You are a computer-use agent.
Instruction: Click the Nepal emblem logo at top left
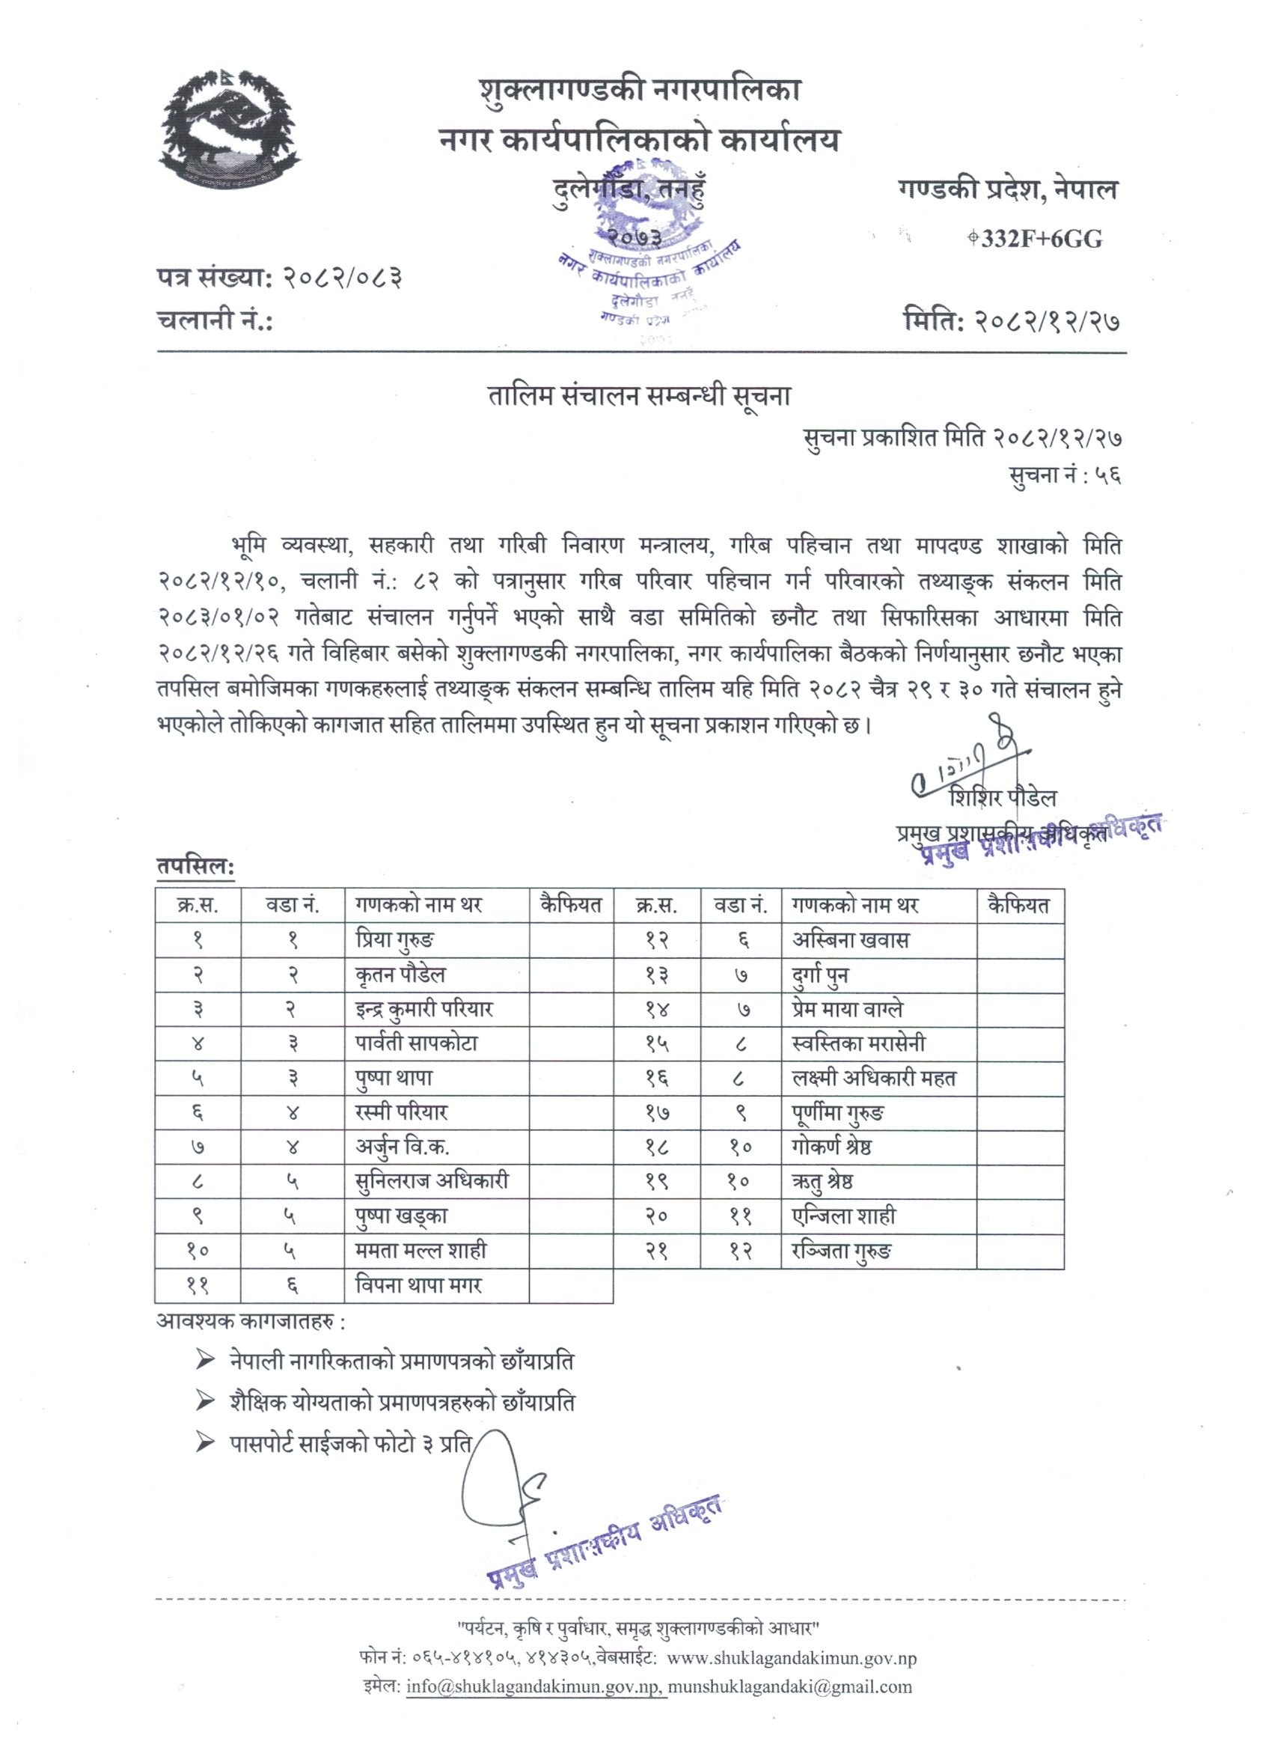click(x=229, y=127)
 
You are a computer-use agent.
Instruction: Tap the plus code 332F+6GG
click(x=1040, y=240)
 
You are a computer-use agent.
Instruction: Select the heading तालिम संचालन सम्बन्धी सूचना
click(x=640, y=397)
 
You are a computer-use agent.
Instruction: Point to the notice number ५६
click(x=1107, y=475)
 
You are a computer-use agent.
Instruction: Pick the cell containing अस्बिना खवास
click(x=850, y=941)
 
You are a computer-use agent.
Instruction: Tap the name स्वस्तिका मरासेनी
click(x=858, y=1044)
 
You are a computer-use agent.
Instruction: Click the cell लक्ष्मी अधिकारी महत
click(x=873, y=1079)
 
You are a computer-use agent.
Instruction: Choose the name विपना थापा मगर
click(x=418, y=1285)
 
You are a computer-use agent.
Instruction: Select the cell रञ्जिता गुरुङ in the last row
click(x=841, y=1251)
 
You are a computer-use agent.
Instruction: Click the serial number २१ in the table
click(x=656, y=1251)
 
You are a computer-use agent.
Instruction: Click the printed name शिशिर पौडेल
click(x=1003, y=798)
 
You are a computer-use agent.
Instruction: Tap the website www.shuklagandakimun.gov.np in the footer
click(x=792, y=1658)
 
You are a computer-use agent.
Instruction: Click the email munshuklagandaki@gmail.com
click(x=790, y=1686)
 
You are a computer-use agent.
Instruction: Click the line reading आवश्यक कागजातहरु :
click(x=251, y=1322)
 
